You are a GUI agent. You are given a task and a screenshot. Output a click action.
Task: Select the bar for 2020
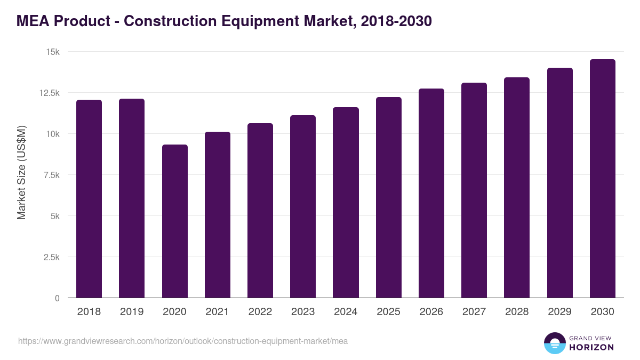pyautogui.click(x=175, y=221)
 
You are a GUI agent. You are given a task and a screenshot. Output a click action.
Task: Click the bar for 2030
pyautogui.click(x=602, y=179)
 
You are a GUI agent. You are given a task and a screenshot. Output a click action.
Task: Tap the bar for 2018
pyautogui.click(x=89, y=199)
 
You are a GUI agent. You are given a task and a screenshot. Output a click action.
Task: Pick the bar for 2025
pyautogui.click(x=388, y=197)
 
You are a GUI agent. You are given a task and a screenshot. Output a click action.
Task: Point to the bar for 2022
pyautogui.click(x=260, y=211)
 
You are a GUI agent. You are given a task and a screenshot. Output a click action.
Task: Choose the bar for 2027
pyautogui.click(x=474, y=190)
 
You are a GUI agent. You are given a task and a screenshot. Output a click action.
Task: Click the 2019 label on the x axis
pyautogui.click(x=132, y=312)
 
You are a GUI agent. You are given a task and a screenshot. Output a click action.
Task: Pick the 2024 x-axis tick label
pyautogui.click(x=346, y=312)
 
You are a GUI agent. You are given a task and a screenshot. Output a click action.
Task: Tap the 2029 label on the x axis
pyautogui.click(x=559, y=312)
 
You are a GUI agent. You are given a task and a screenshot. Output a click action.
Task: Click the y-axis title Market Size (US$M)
pyautogui.click(x=21, y=173)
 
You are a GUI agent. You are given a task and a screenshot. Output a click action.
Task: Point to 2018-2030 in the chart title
pyautogui.click(x=396, y=21)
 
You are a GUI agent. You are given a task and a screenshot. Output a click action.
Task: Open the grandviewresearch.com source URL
pyautogui.click(x=183, y=341)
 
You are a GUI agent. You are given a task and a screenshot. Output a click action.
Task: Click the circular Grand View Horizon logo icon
pyautogui.click(x=554, y=343)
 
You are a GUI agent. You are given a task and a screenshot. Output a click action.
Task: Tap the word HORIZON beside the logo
pyautogui.click(x=592, y=347)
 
